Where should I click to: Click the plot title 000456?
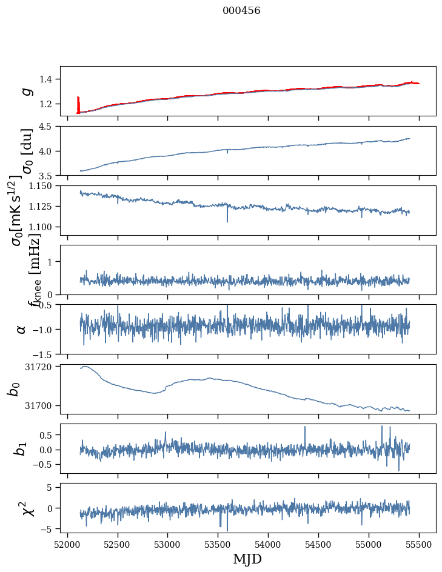click(x=241, y=11)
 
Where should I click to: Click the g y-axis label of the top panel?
click(x=25, y=91)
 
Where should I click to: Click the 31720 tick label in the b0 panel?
click(x=40, y=367)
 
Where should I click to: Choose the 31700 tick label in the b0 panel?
click(x=40, y=405)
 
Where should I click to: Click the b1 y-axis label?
click(x=21, y=448)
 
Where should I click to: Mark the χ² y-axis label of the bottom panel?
click(x=25, y=508)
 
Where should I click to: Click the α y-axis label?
click(x=21, y=329)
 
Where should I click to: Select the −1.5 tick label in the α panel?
click(x=44, y=354)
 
